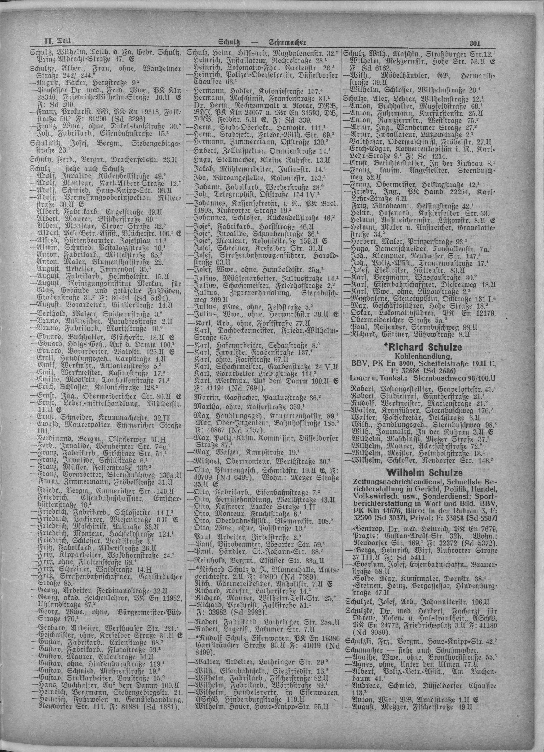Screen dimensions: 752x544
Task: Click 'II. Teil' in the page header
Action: coord(54,42)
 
